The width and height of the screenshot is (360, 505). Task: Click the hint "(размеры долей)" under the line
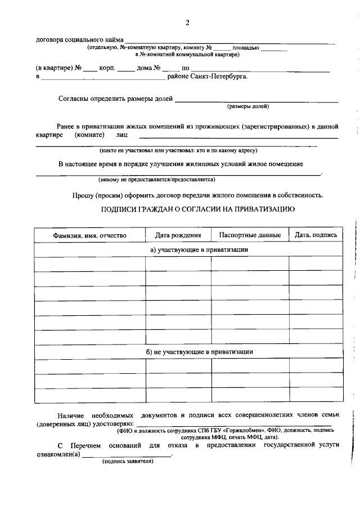(248, 106)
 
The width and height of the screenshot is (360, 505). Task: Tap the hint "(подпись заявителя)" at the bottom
(127, 461)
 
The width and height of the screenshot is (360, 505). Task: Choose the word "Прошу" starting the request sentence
(82, 195)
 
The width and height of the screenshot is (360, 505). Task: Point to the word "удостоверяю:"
(115, 423)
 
